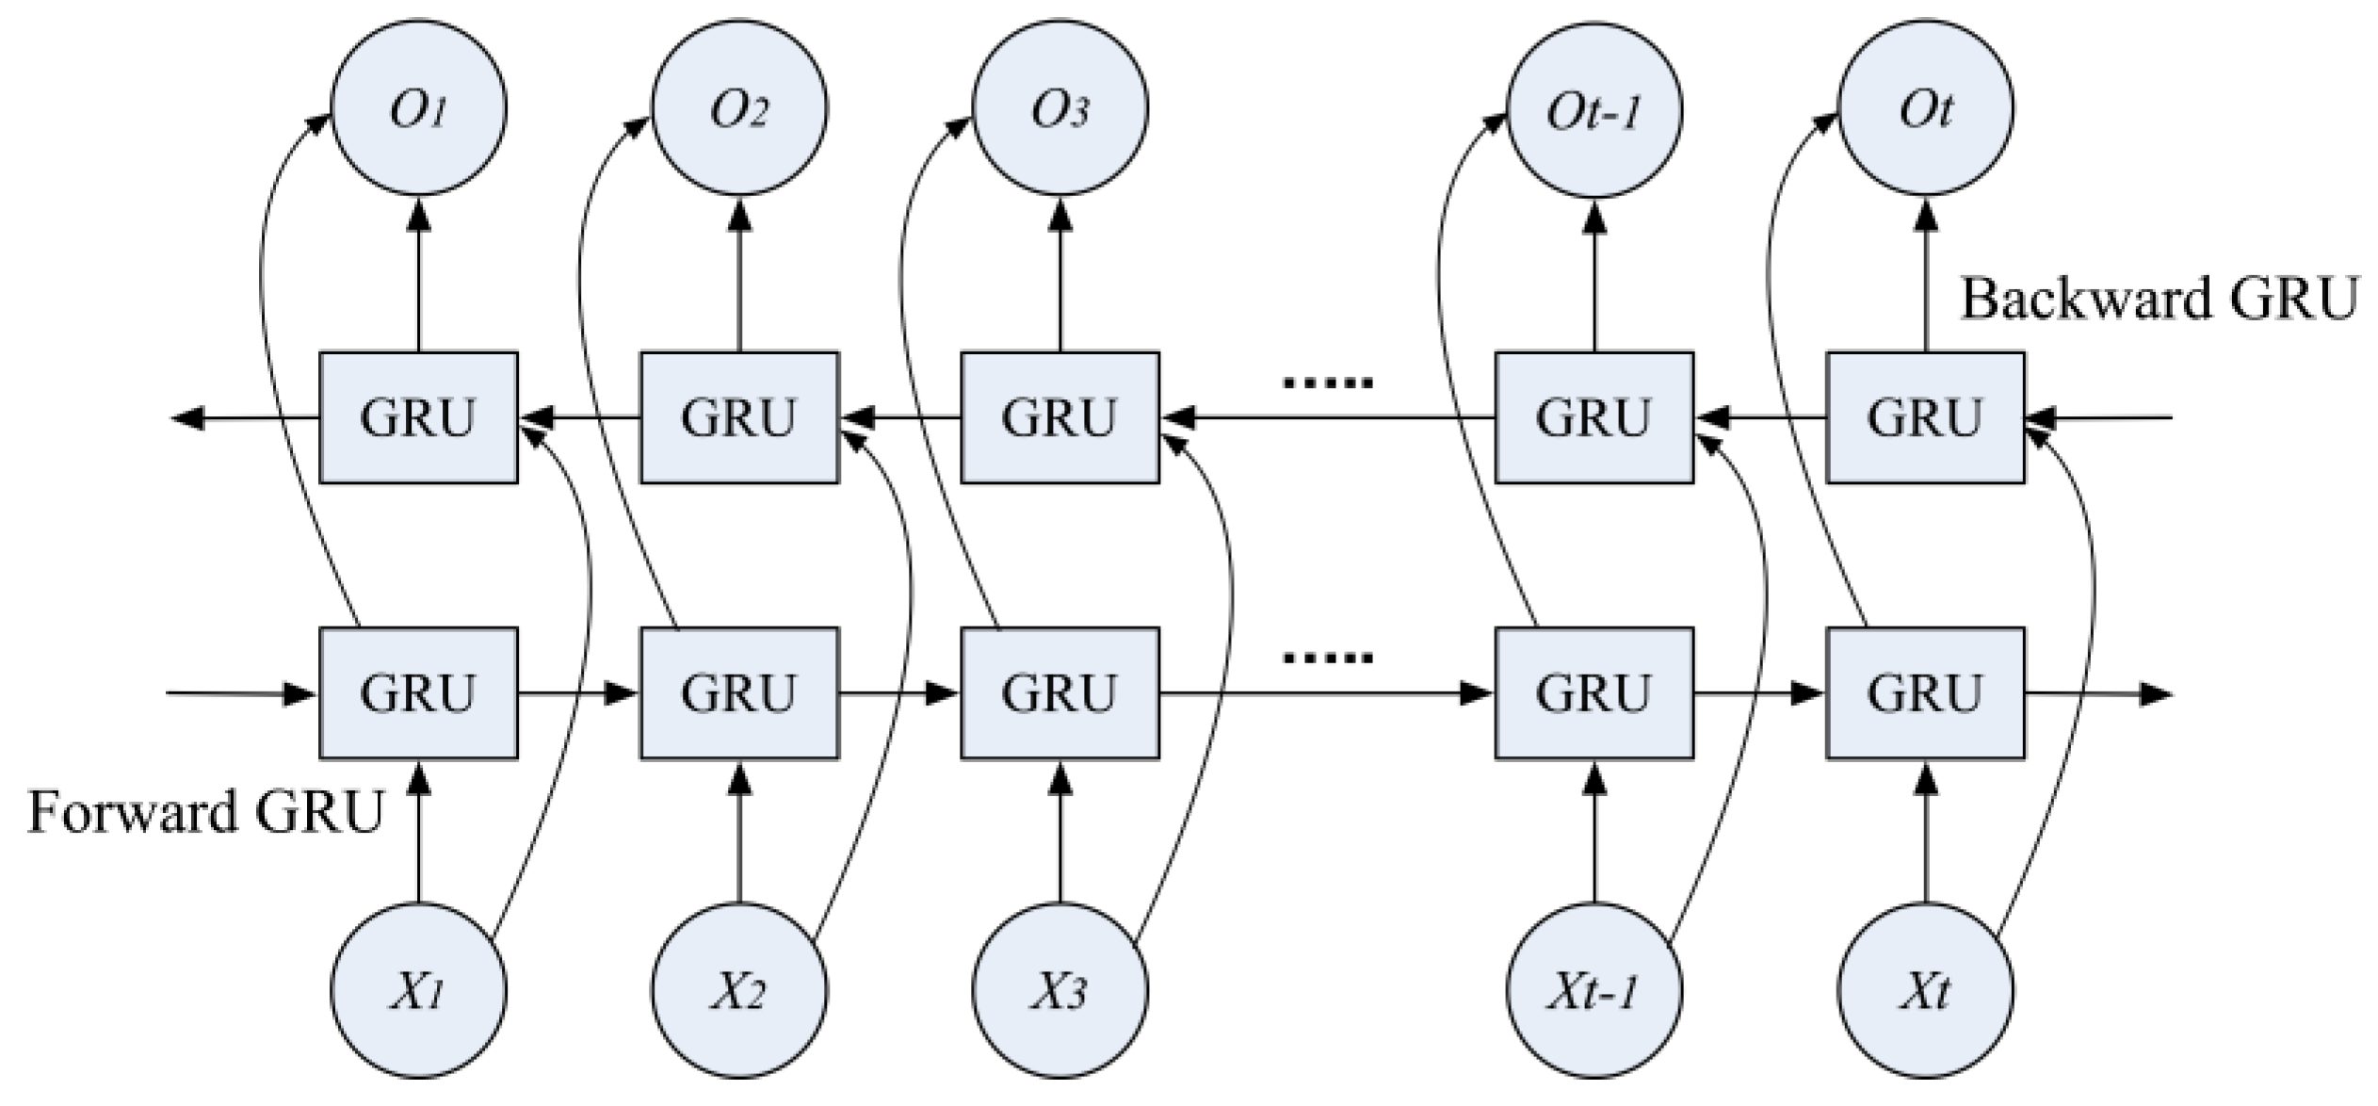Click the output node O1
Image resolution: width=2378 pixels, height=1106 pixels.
(x=418, y=109)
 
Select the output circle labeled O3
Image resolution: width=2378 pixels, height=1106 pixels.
(x=1060, y=109)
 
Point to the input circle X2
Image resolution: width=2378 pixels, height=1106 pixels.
(x=739, y=991)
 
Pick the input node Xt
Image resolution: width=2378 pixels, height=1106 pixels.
(x=1925, y=991)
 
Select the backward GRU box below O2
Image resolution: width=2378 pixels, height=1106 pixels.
(x=739, y=417)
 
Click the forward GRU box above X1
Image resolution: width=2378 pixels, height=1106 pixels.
(x=418, y=693)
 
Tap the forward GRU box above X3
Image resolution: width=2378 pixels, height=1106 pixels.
(x=1060, y=693)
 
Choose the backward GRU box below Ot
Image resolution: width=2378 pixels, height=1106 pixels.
(x=1925, y=417)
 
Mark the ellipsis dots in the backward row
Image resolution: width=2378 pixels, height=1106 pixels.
(x=1328, y=382)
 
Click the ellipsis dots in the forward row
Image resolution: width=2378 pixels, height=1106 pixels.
(x=1328, y=658)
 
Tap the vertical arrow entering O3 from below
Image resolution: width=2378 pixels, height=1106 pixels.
(x=1060, y=273)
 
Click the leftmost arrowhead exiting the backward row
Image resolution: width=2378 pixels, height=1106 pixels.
(x=188, y=417)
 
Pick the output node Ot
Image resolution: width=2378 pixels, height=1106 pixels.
(x=1925, y=109)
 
